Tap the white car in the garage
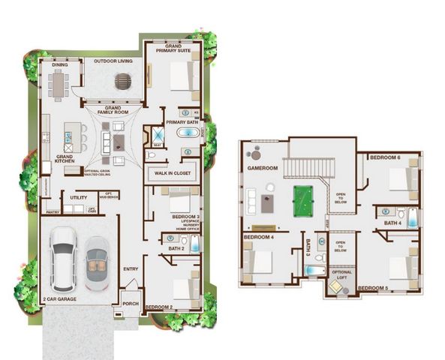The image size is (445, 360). coord(62,259)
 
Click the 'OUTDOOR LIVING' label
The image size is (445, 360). coord(113,61)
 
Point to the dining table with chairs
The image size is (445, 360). coord(58,83)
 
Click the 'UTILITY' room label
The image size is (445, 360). coord(79,198)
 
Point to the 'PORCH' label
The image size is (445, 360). coord(131,304)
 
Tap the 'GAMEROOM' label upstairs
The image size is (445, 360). coord(263,169)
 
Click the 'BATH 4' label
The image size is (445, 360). coord(393,223)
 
